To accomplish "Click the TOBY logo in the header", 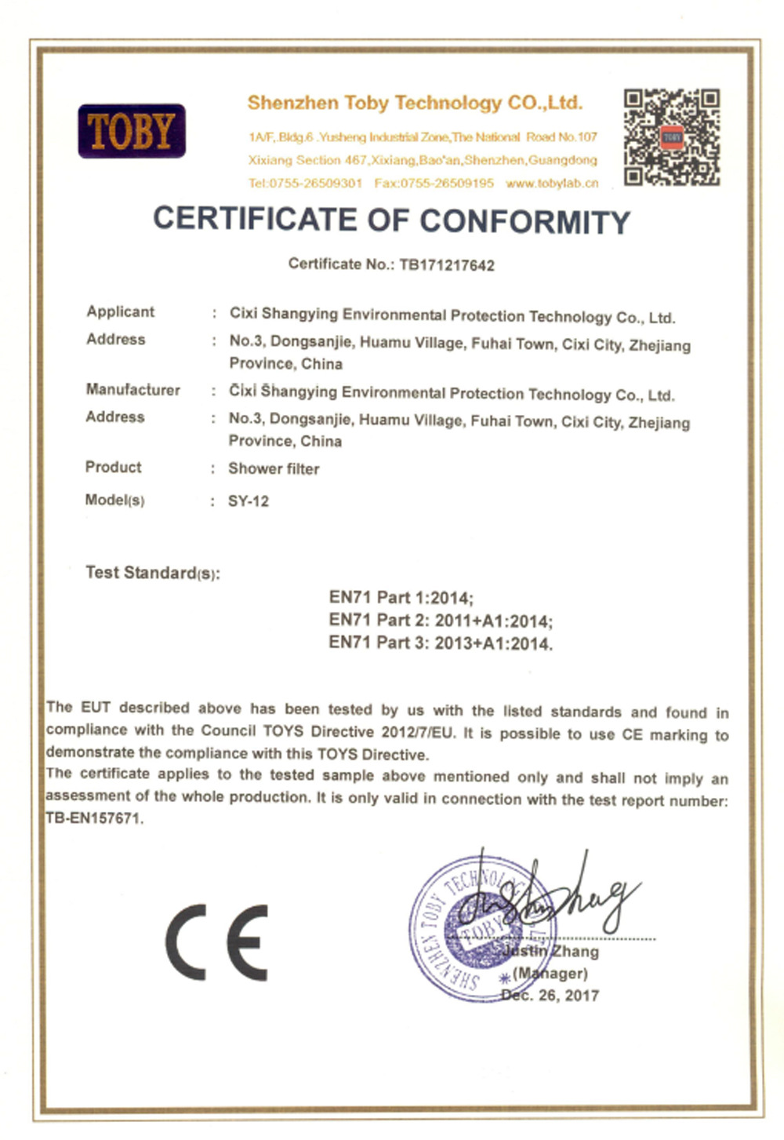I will [132, 131].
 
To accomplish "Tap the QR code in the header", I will [671, 137].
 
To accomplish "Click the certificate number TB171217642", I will [447, 265].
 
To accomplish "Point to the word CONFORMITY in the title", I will [524, 222].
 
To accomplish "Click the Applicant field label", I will [120, 311].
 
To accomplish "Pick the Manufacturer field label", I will [132, 390].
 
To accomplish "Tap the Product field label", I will [113, 467].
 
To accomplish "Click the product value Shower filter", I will [274, 469].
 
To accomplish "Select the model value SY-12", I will [249, 501].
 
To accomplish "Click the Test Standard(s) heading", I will [152, 573].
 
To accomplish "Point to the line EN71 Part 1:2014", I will [401, 598].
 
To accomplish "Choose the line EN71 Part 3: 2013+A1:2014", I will [440, 643].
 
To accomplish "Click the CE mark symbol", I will [217, 942].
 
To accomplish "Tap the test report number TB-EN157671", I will [94, 818].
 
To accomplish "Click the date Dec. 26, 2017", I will [550, 996].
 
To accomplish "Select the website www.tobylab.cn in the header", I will [552, 184].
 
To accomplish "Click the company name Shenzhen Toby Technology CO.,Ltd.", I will [415, 103].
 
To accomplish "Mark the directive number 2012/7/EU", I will [417, 732].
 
